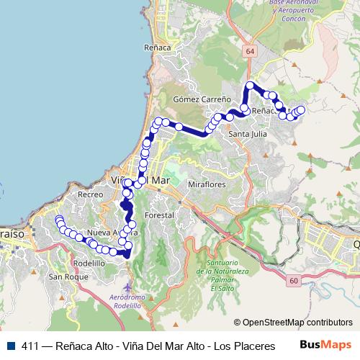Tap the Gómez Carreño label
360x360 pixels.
(x=202, y=99)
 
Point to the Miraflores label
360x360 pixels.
(x=207, y=184)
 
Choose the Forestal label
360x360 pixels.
(x=159, y=215)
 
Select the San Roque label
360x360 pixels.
(x=63, y=276)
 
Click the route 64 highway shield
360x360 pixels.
(x=249, y=52)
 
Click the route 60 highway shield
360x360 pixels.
(x=293, y=279)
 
